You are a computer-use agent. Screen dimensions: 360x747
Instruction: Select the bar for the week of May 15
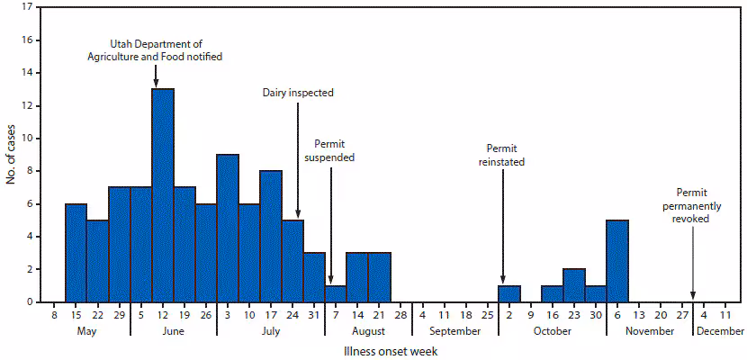[x=76, y=252]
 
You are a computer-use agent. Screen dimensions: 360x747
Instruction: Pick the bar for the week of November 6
[x=617, y=261]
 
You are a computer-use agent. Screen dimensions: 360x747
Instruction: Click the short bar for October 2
[x=508, y=293]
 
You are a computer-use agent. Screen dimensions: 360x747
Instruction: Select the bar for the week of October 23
[x=574, y=285]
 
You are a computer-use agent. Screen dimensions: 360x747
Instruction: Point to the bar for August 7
[x=336, y=293]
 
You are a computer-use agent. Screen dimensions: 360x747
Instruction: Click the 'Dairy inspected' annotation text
[x=299, y=92]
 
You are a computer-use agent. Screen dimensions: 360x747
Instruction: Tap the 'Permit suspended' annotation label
[x=334, y=149]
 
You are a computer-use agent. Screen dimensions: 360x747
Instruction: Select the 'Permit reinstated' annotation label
[x=505, y=155]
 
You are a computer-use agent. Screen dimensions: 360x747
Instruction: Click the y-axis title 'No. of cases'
[x=12, y=153]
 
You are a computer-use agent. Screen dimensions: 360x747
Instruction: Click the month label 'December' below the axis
[x=719, y=331]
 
